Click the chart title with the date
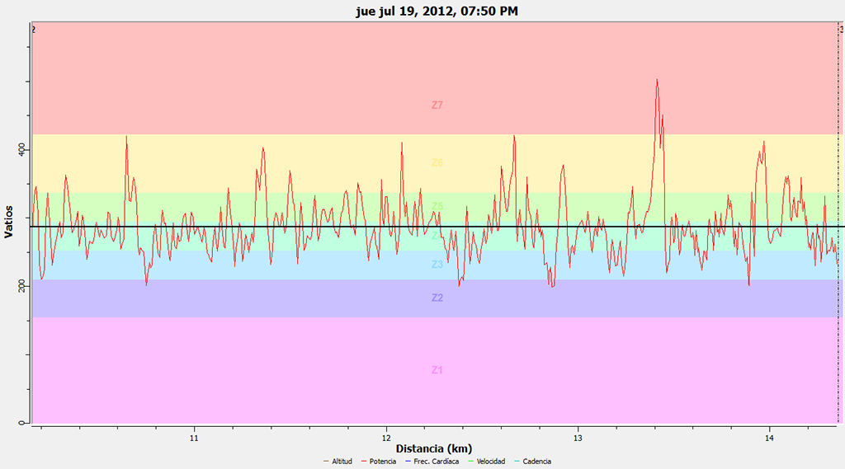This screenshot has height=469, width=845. [x=437, y=11]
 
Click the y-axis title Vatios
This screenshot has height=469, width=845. [x=9, y=222]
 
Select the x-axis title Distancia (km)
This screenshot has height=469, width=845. [x=433, y=448]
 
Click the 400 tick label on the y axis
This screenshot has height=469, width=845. [x=23, y=150]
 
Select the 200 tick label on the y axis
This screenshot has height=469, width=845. [x=23, y=286]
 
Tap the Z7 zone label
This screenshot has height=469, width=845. [x=437, y=106]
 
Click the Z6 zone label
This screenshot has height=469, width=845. [x=437, y=163]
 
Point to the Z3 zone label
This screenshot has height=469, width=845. [x=437, y=265]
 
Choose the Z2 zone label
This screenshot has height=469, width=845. [x=437, y=298]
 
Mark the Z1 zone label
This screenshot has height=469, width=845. [x=437, y=370]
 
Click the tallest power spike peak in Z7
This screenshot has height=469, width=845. [x=657, y=80]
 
